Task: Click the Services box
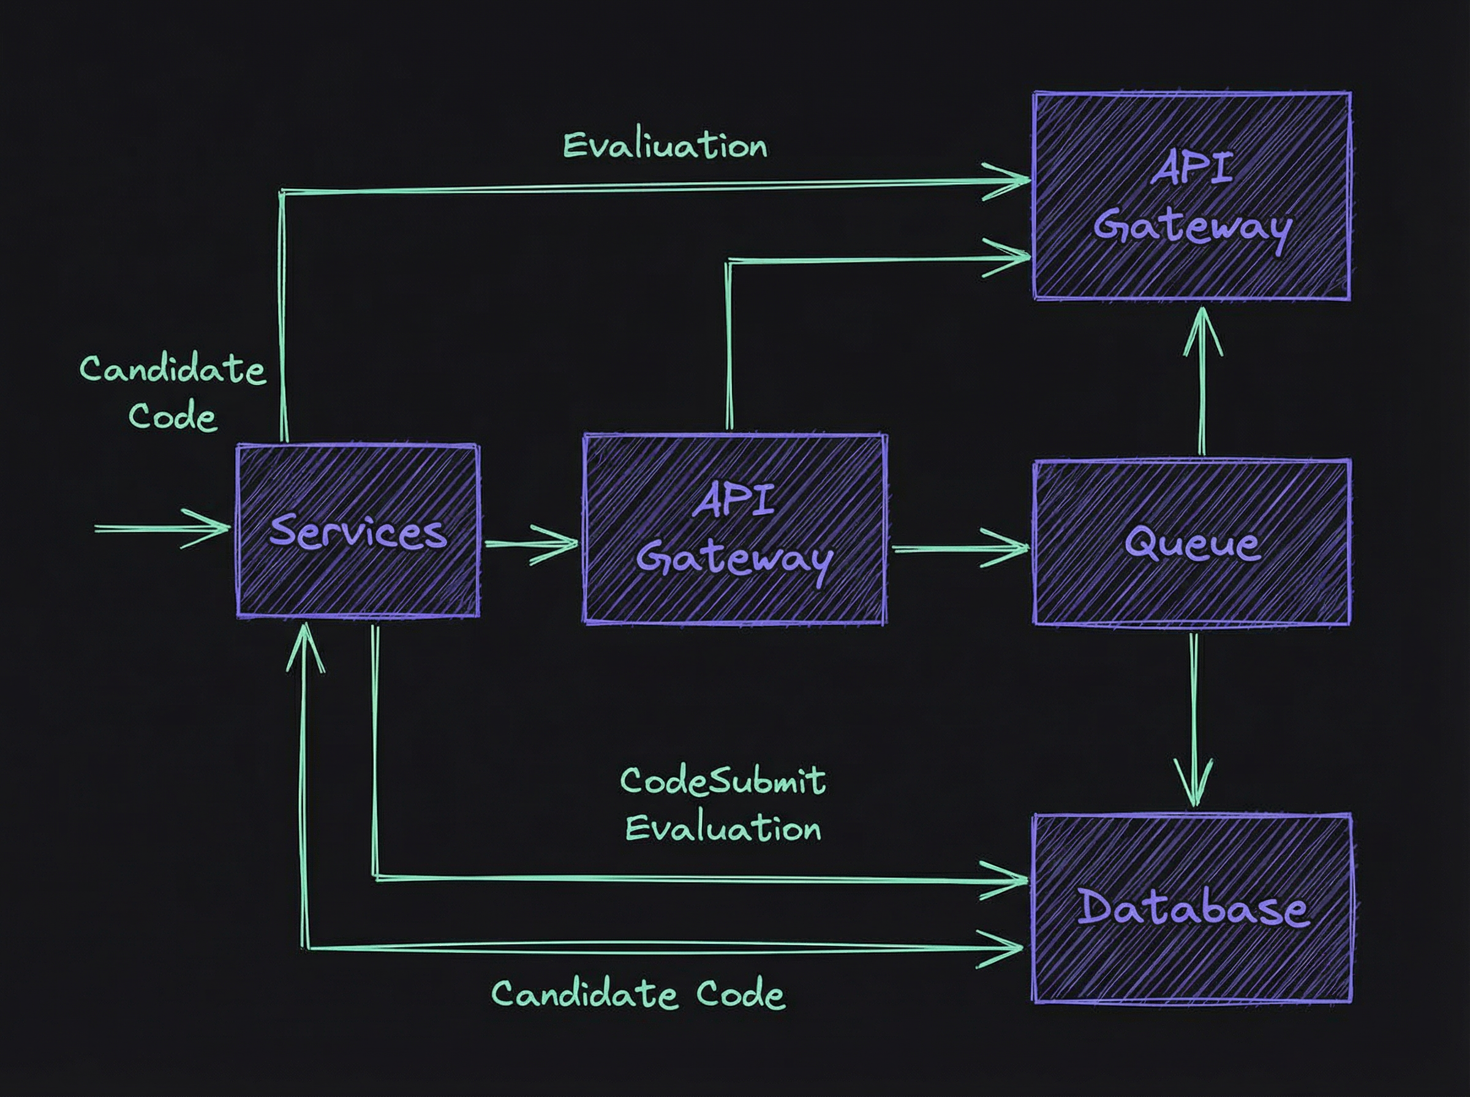pos(357,531)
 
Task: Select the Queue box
pos(1192,542)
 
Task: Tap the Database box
pos(1192,908)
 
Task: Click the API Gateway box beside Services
pos(734,530)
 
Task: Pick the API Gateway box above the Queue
pos(1192,197)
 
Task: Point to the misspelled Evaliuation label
pos(665,146)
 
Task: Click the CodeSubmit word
pos(723,781)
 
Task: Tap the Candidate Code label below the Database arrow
pos(638,995)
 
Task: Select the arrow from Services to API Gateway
pos(532,544)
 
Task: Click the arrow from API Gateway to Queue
pos(960,548)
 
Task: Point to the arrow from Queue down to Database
pos(1194,717)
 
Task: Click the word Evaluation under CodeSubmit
pos(723,829)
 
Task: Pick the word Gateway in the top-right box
pos(1192,228)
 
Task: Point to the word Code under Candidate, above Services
pos(173,416)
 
